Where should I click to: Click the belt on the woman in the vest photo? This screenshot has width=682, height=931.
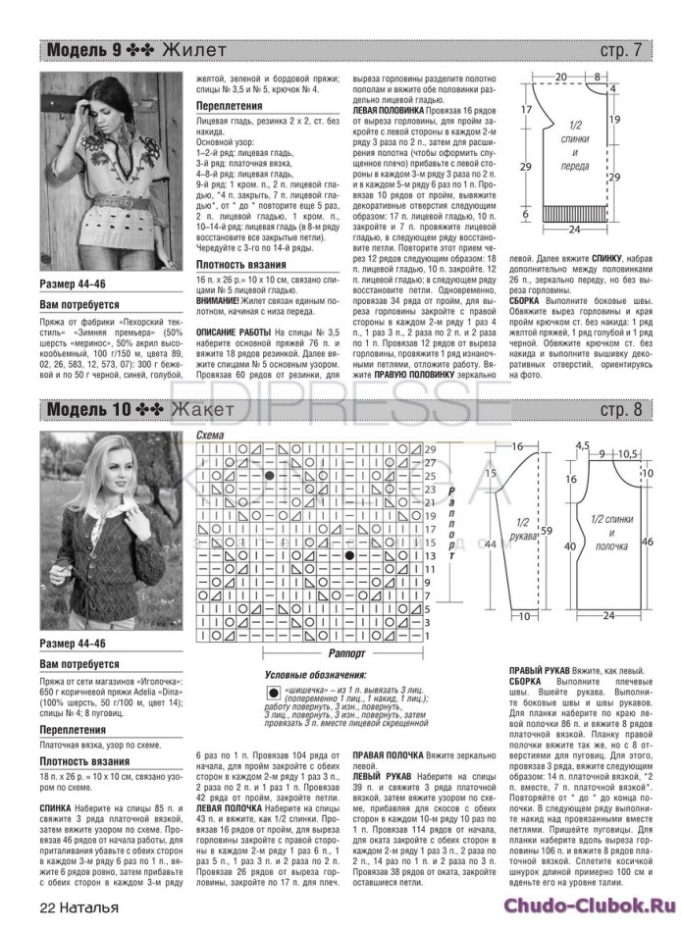point(118,200)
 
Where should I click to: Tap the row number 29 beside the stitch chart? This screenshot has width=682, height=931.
point(428,448)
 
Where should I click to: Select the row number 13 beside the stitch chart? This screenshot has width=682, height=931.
point(428,555)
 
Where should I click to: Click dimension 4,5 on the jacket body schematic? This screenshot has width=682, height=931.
point(583,444)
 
